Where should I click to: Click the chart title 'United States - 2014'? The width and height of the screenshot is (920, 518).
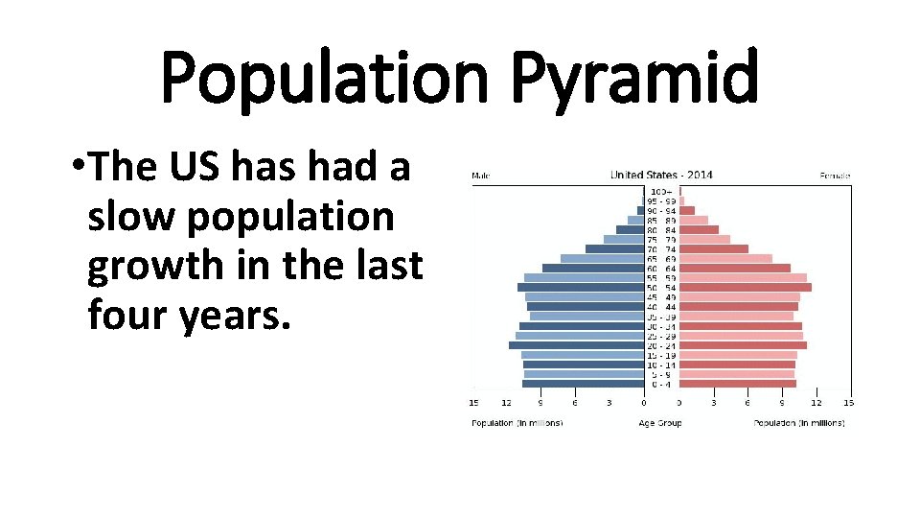[661, 176]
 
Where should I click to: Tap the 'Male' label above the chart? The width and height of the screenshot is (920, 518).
[482, 176]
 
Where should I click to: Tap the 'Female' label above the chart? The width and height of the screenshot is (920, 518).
[836, 176]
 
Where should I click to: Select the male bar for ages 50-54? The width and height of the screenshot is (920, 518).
[580, 287]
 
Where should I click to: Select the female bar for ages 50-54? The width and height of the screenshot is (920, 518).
[746, 287]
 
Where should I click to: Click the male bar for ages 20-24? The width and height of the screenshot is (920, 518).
[576, 345]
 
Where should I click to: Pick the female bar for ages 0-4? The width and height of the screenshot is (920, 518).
[738, 384]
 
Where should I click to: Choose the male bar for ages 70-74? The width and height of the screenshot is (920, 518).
[614, 248]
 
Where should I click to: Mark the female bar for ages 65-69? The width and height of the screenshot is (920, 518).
[726, 258]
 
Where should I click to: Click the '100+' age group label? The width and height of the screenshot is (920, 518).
[661, 192]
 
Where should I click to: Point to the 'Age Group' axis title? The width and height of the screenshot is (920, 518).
[660, 423]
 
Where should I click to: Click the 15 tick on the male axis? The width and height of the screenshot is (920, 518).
[473, 403]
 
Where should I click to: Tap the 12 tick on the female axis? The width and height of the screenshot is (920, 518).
[816, 403]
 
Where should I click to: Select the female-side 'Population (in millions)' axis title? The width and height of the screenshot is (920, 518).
[799, 423]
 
